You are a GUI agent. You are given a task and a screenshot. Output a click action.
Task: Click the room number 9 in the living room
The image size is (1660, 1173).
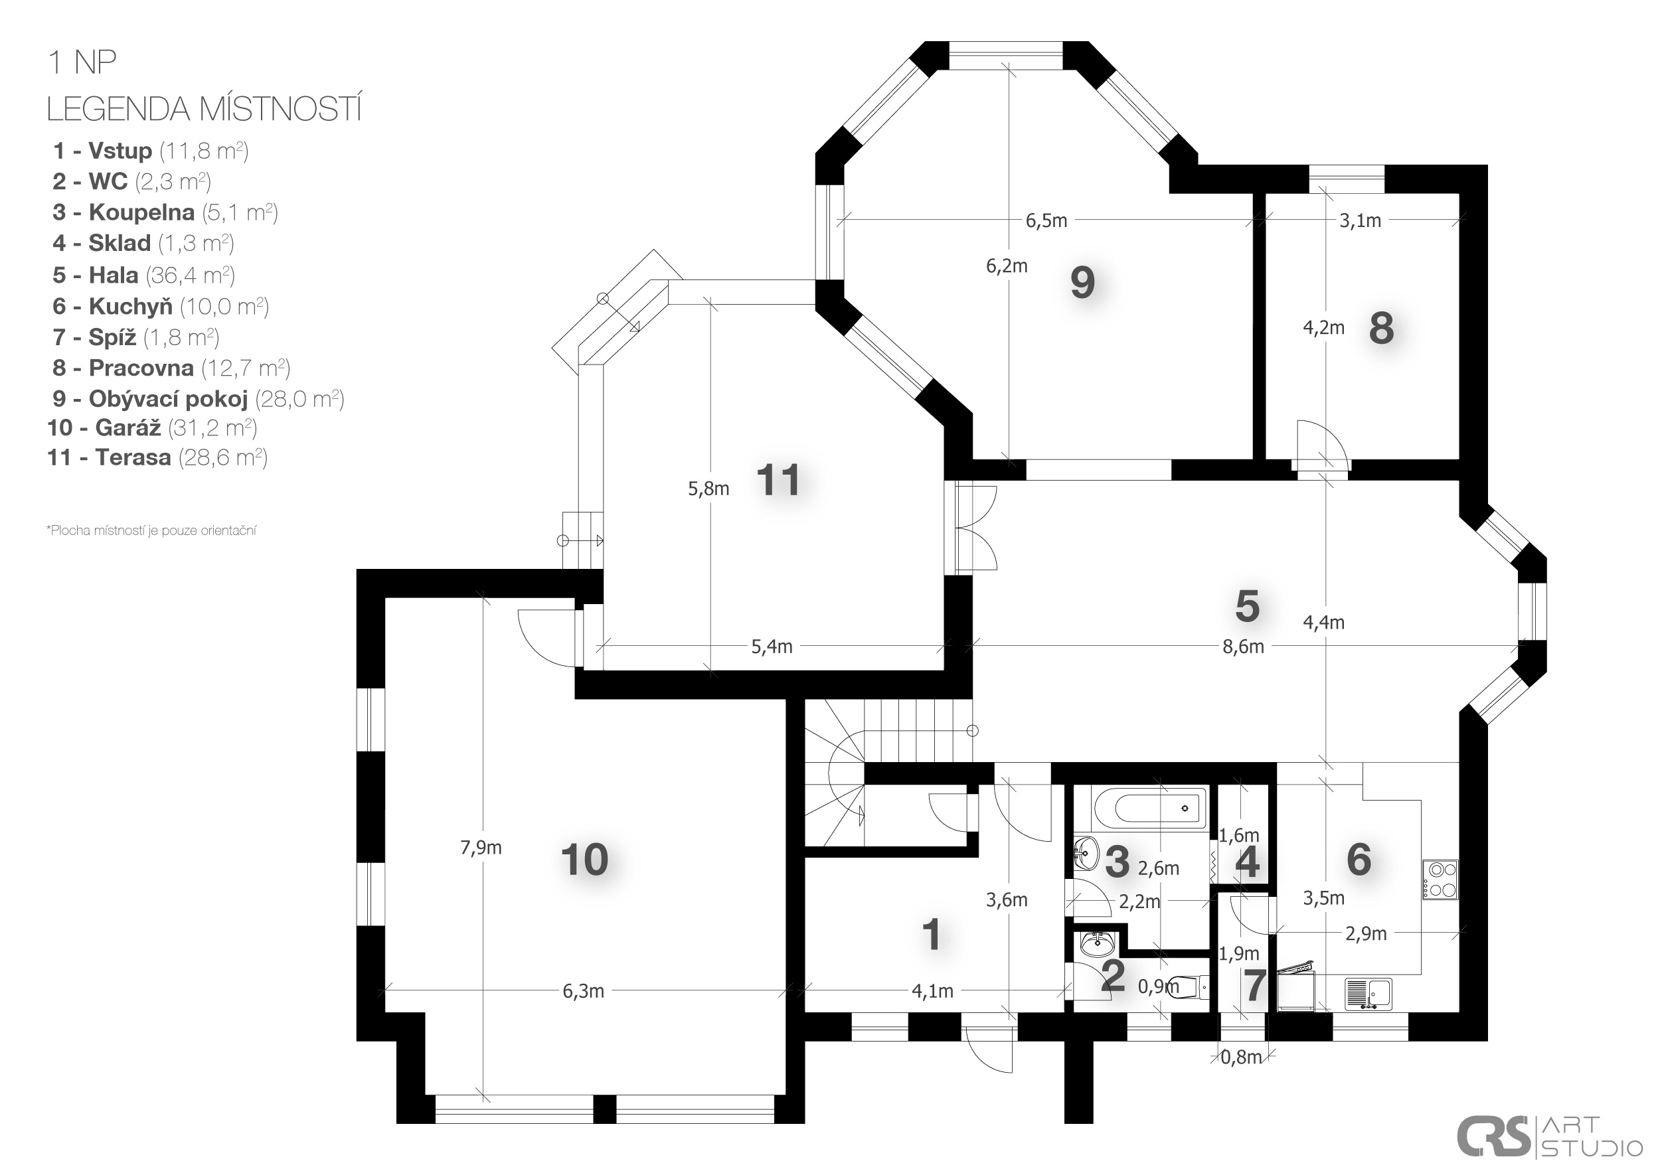1082,283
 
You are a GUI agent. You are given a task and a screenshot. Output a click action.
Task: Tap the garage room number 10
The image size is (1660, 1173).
584,860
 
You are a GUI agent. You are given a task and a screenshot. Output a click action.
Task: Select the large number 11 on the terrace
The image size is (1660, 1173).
778,480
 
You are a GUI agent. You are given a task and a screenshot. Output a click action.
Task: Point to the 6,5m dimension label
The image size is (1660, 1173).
1046,220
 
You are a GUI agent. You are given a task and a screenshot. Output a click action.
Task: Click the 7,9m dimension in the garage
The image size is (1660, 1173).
481,847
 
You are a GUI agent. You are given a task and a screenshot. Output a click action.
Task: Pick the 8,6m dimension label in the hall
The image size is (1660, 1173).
1243,646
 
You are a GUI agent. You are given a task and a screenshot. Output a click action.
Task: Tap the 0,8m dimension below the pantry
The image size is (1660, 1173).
1242,1057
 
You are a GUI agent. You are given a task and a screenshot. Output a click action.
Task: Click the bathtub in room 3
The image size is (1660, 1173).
1149,808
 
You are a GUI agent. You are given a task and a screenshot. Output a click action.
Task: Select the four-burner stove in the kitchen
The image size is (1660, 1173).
1440,879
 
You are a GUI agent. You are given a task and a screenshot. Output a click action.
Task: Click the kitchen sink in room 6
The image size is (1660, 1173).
1369,994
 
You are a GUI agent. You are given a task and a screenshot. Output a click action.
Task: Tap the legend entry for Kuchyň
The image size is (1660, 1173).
161,307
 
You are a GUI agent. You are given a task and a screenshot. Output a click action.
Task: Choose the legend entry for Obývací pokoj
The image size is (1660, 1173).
198,398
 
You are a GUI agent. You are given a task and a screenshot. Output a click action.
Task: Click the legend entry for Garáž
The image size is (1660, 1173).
153,428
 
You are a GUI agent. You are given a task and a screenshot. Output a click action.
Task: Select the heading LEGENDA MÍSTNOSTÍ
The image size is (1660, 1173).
204,109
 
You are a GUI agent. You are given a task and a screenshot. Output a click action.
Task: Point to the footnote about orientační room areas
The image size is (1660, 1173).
151,530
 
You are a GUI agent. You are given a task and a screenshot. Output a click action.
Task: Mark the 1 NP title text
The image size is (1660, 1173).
82,63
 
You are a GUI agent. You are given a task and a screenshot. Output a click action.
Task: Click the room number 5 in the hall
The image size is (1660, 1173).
1247,605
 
